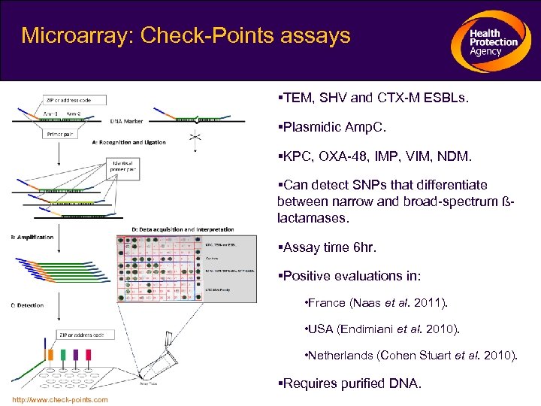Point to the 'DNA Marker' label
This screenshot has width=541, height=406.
128,120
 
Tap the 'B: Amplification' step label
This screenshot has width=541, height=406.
32,237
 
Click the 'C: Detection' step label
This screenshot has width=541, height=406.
27,305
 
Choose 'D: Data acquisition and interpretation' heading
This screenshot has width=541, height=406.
183,229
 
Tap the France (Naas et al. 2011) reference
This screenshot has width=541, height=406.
375,302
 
